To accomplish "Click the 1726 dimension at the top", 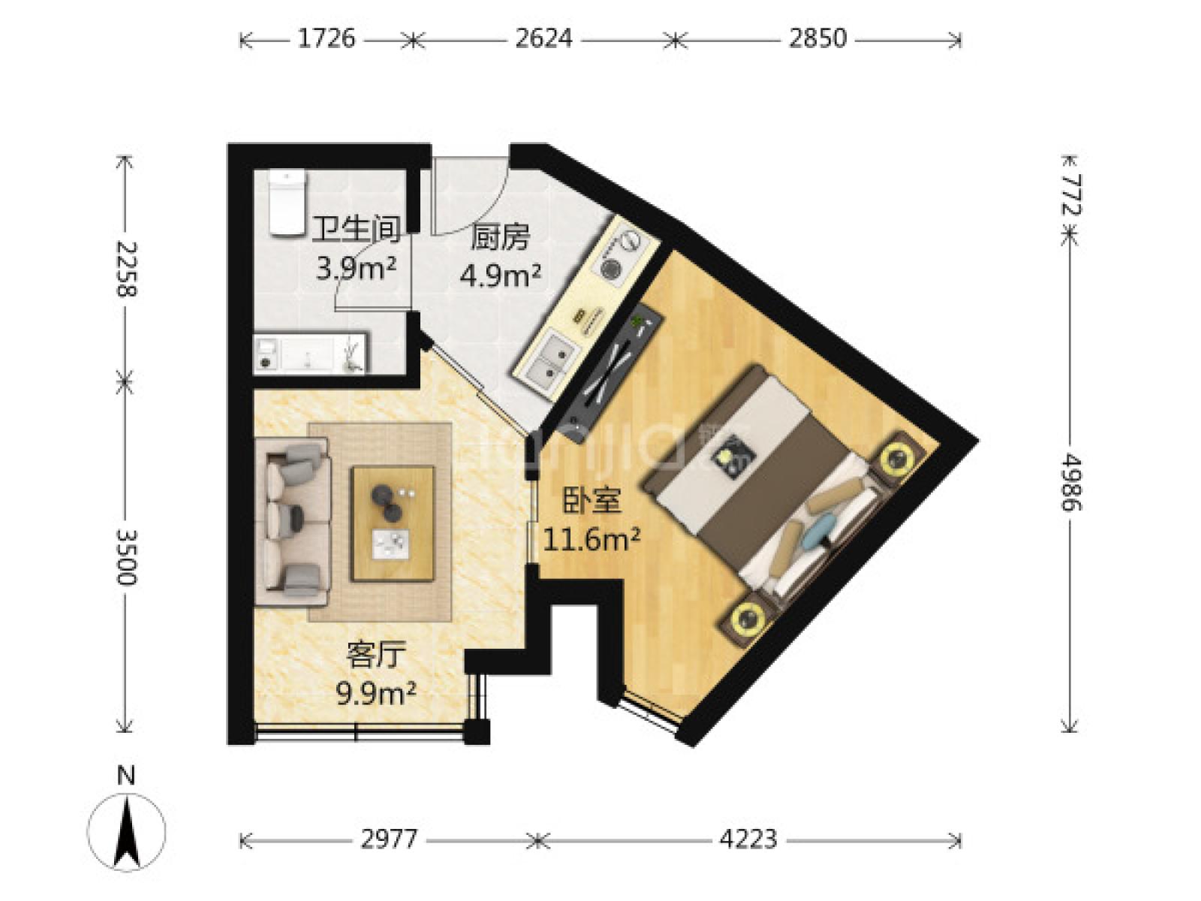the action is [x=326, y=39].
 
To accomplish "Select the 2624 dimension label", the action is [x=543, y=39].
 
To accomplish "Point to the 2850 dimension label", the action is [x=817, y=39].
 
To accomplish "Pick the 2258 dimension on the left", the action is [x=126, y=269].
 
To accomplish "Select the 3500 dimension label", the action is [x=126, y=557].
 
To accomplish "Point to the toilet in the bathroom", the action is [x=287, y=203].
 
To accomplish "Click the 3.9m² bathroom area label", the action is [x=357, y=269].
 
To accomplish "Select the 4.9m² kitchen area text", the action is [x=500, y=276].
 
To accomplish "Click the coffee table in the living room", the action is [x=393, y=523].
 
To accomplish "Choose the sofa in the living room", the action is [x=293, y=521].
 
